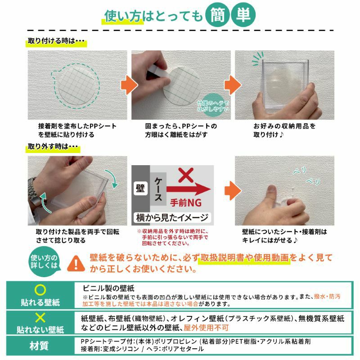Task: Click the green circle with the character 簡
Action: pyautogui.click(x=217, y=15)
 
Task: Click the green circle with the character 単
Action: pyautogui.click(x=243, y=15)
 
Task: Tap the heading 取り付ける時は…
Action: pyautogui.click(x=56, y=41)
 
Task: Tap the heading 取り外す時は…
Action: pyautogui.click(x=53, y=147)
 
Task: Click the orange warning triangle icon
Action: pyautogui.click(x=76, y=263)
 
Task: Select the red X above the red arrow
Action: pyautogui.click(x=186, y=175)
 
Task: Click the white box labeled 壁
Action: pyautogui.click(x=140, y=188)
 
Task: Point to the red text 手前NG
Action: pyautogui.click(x=186, y=203)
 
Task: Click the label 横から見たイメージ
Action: pyautogui.click(x=172, y=217)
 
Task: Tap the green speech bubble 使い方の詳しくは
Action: pyautogui.click(x=44, y=262)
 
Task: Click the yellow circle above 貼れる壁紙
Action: pyautogui.click(x=40, y=290)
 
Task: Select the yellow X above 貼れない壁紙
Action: pyautogui.click(x=40, y=318)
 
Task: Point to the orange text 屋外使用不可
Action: pyautogui.click(x=206, y=328)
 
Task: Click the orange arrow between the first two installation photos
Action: pyautogui.click(x=129, y=85)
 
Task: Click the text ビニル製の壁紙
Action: pyautogui.click(x=108, y=288)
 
